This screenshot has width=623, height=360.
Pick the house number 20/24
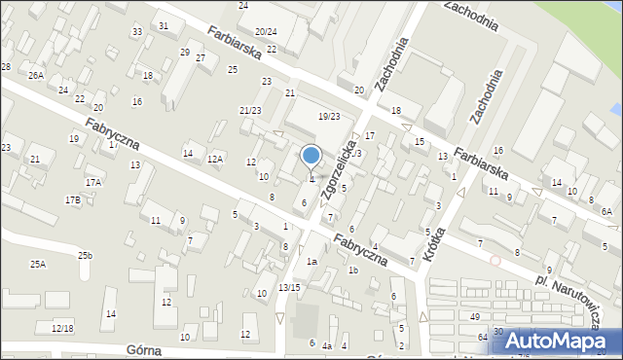click(x=266, y=32)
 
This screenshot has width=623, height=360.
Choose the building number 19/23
click(x=329, y=117)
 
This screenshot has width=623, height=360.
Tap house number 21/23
click(x=250, y=110)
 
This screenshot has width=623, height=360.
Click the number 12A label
click(x=215, y=159)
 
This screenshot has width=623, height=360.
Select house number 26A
click(x=36, y=75)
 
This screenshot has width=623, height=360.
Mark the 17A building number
click(x=93, y=182)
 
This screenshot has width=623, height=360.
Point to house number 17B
click(x=73, y=199)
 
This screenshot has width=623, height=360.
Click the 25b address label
click(x=87, y=255)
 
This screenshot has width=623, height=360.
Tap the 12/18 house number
click(x=62, y=328)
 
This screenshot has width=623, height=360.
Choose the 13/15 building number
click(x=289, y=287)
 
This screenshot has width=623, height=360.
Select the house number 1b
click(x=353, y=270)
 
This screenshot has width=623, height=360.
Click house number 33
click(x=137, y=32)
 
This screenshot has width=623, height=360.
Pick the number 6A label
click(x=605, y=211)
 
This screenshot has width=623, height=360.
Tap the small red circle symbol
click(x=495, y=261)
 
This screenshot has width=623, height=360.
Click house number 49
click(x=475, y=317)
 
